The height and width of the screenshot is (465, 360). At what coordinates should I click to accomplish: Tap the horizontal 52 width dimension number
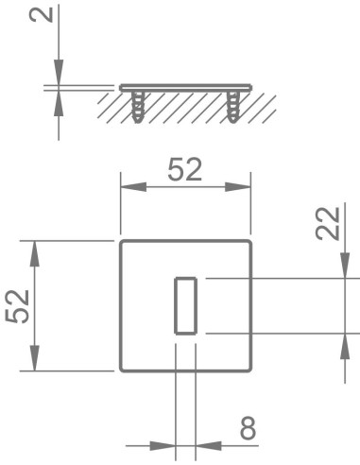click(x=185, y=171)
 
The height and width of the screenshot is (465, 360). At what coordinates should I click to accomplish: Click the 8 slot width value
click(x=248, y=429)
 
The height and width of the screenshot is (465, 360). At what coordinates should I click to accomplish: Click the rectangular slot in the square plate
click(x=185, y=305)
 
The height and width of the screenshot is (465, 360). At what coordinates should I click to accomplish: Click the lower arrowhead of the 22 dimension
click(x=345, y=343)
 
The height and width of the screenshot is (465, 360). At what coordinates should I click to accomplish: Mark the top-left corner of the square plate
click(x=122, y=243)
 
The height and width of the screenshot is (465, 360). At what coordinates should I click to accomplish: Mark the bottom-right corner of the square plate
click(x=250, y=370)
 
